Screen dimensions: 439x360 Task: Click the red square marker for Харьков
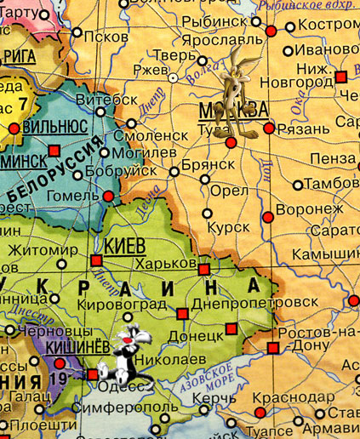pos(204,269)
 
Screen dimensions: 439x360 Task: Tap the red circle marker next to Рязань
pos(270,128)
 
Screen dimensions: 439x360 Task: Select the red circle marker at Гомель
pos(108,197)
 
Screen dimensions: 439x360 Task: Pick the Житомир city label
pos(40,251)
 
